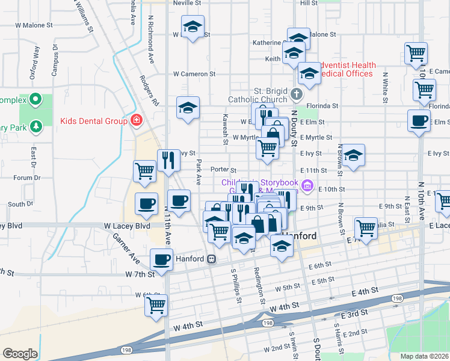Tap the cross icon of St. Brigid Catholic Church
[296, 94]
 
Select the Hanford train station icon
[211, 259]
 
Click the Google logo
[20, 354]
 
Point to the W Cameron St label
[194, 74]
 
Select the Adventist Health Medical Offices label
[346, 69]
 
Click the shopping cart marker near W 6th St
[156, 304]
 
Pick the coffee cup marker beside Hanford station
[161, 259]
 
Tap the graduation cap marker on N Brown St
[354, 155]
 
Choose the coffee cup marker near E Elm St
[419, 120]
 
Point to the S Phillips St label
[235, 285]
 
